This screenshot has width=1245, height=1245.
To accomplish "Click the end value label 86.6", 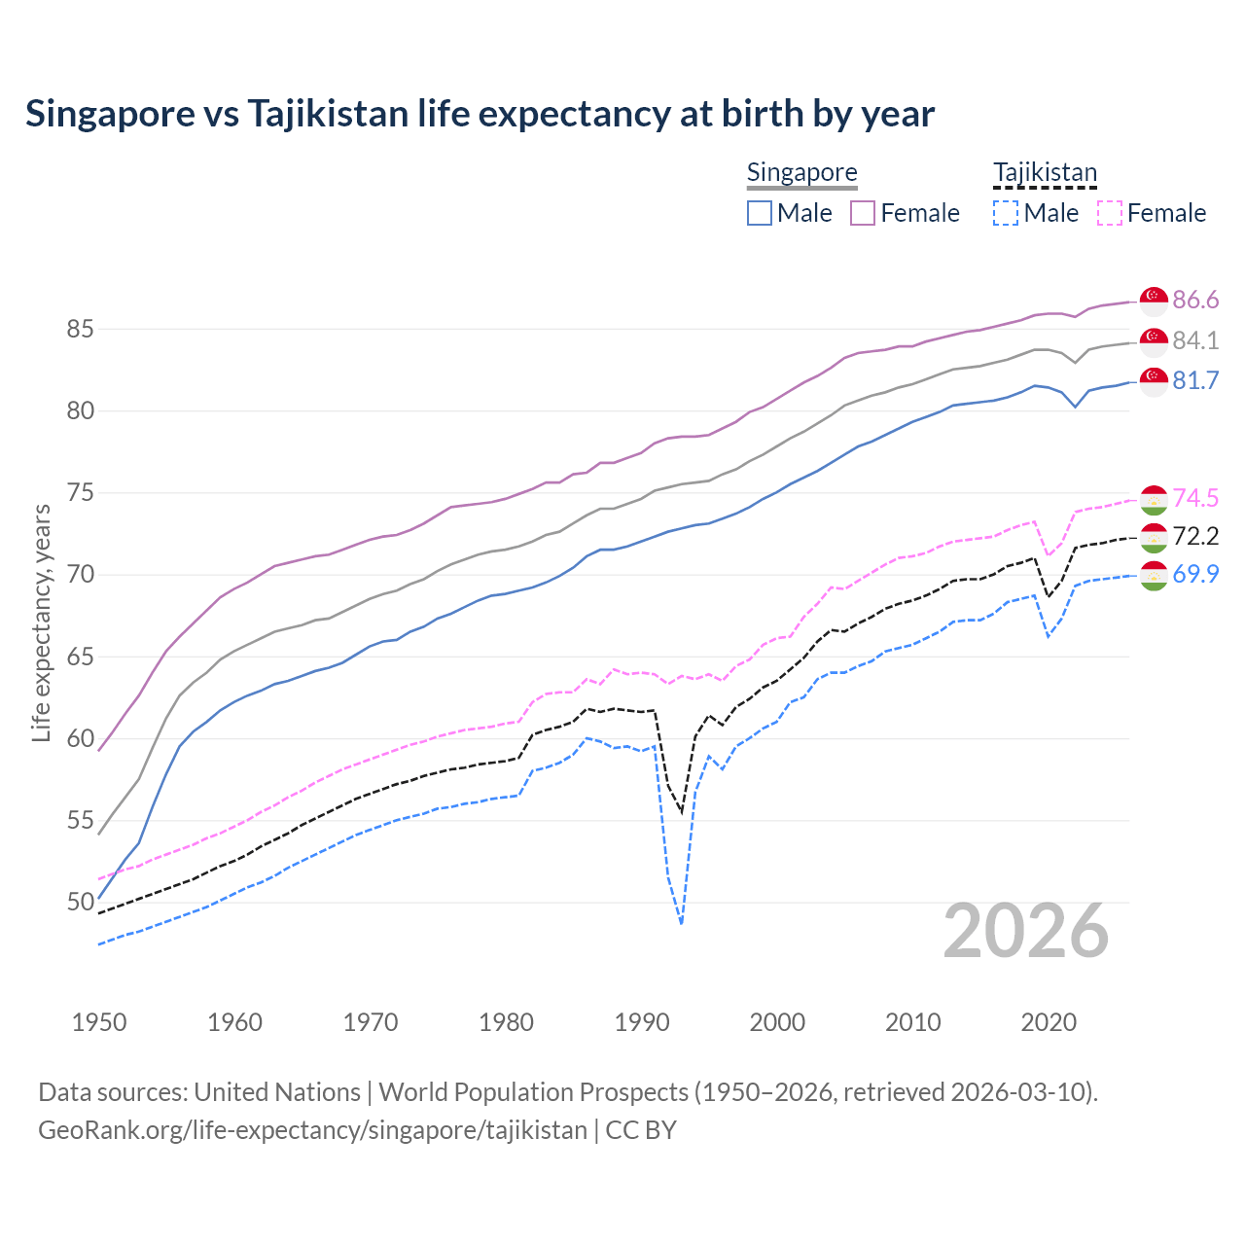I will (x=1195, y=300).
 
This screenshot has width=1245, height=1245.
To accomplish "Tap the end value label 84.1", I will (x=1195, y=340).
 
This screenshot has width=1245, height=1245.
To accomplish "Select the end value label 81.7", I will (x=1195, y=380).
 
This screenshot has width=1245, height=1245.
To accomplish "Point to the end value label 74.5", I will (x=1195, y=498).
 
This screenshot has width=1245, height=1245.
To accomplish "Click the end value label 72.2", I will (x=1195, y=536).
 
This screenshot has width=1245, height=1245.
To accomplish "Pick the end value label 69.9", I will (x=1195, y=574).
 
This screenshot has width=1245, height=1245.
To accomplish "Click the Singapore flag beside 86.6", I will (x=1154, y=301).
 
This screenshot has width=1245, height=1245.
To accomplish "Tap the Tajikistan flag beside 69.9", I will (x=1154, y=575).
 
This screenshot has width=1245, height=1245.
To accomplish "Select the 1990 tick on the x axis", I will (x=642, y=1022).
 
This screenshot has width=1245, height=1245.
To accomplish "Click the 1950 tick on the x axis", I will (x=99, y=1022).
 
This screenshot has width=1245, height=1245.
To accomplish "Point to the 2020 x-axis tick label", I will (x=1049, y=1022).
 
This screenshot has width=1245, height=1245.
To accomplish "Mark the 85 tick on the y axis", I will (x=80, y=330).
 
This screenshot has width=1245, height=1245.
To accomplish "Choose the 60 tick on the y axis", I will (x=80, y=739).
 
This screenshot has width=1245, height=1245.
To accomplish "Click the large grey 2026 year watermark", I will (x=1026, y=931).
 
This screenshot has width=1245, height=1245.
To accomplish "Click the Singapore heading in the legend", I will (x=801, y=172).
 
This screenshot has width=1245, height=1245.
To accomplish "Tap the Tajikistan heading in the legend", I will (x=1045, y=172).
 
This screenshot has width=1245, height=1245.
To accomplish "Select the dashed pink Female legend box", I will (x=1109, y=213).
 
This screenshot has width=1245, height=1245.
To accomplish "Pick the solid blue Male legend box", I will (x=760, y=213).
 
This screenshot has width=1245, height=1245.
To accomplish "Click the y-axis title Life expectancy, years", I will (x=41, y=622).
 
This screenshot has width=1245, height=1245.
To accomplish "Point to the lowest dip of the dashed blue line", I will (x=681, y=923).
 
